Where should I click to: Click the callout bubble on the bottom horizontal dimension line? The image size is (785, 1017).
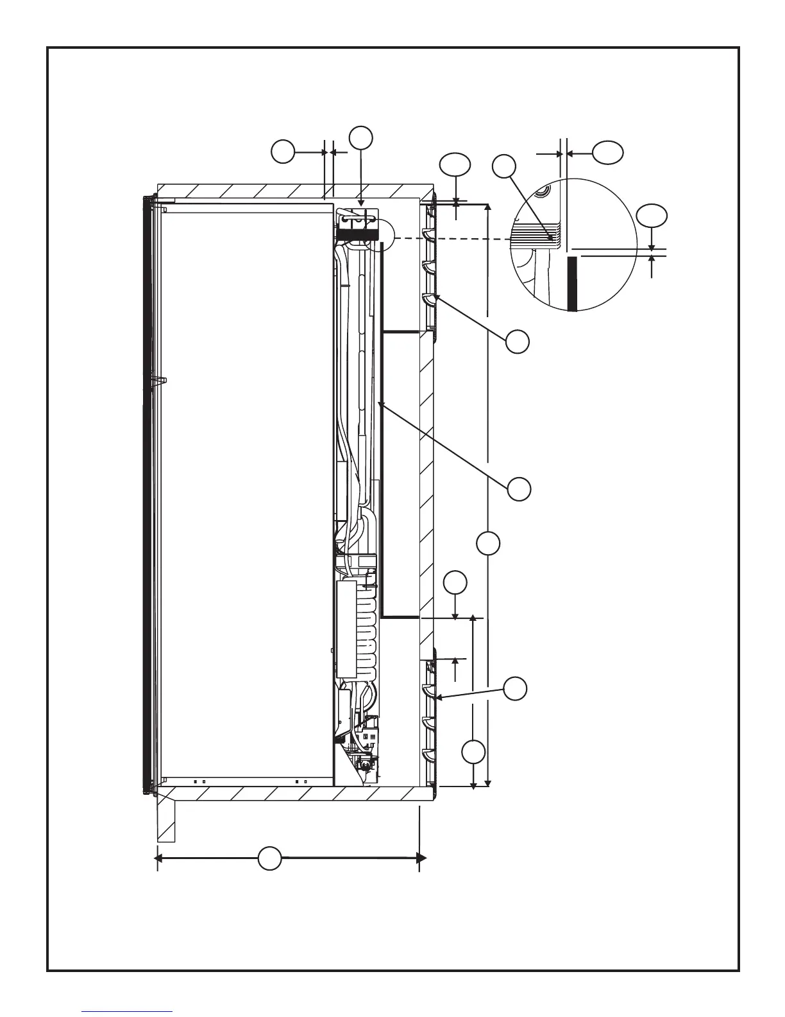(x=270, y=858)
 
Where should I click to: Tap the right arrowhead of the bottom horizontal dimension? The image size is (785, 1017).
(x=421, y=858)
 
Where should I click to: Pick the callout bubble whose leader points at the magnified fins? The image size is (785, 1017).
(x=505, y=166)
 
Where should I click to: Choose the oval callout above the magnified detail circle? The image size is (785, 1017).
(x=607, y=152)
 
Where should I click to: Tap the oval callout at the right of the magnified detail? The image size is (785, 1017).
(x=652, y=216)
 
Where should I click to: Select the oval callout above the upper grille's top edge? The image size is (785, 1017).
(x=455, y=165)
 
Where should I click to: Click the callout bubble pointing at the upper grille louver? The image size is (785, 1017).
(x=518, y=342)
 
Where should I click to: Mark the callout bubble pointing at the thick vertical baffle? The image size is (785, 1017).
(x=519, y=489)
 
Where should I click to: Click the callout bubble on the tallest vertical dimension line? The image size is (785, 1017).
(x=489, y=544)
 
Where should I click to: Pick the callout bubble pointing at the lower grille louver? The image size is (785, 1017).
(x=515, y=689)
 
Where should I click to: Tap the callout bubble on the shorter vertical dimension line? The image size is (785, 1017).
(x=473, y=752)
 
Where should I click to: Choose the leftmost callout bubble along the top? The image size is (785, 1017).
(x=283, y=152)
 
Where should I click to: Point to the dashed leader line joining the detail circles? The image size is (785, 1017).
(x=449, y=239)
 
